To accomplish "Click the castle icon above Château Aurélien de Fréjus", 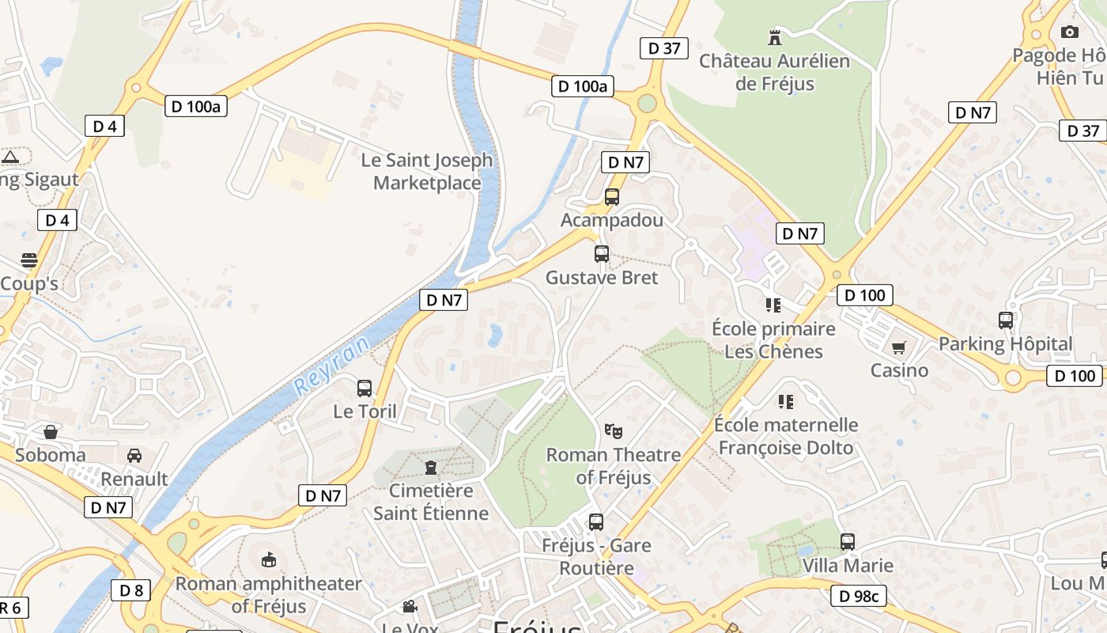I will click(x=774, y=37).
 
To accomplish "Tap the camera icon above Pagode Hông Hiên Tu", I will click(x=1069, y=32).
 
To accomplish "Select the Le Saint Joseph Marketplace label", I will click(x=427, y=171).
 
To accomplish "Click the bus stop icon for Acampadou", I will click(x=611, y=197).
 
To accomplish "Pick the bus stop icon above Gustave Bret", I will click(x=602, y=254).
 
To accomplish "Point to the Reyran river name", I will click(x=332, y=365).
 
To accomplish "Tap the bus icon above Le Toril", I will click(x=365, y=389).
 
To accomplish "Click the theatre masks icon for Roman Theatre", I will click(x=613, y=431).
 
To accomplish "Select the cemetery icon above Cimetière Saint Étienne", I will click(x=431, y=467).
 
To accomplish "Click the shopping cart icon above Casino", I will click(x=899, y=347).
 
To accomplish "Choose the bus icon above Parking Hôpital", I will click(x=1006, y=320).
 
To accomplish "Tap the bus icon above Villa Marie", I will click(x=848, y=542).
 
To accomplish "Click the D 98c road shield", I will click(x=860, y=596).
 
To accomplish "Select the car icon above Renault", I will click(x=134, y=456).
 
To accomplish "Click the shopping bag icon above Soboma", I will click(x=51, y=432).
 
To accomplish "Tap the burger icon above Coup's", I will click(x=29, y=260).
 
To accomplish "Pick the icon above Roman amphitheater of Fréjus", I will click(x=269, y=560).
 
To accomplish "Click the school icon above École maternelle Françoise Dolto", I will click(x=785, y=402).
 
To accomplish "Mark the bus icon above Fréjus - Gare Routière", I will click(x=596, y=522).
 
